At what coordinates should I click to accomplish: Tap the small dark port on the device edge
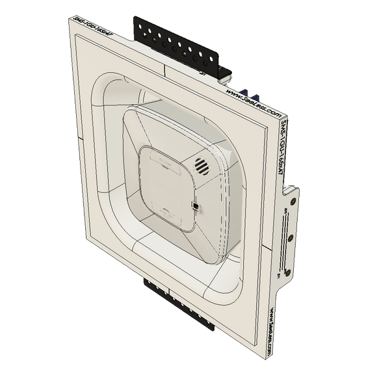(x=195, y=206)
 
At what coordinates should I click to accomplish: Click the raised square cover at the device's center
(x=168, y=185)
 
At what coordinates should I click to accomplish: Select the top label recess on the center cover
(x=162, y=162)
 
